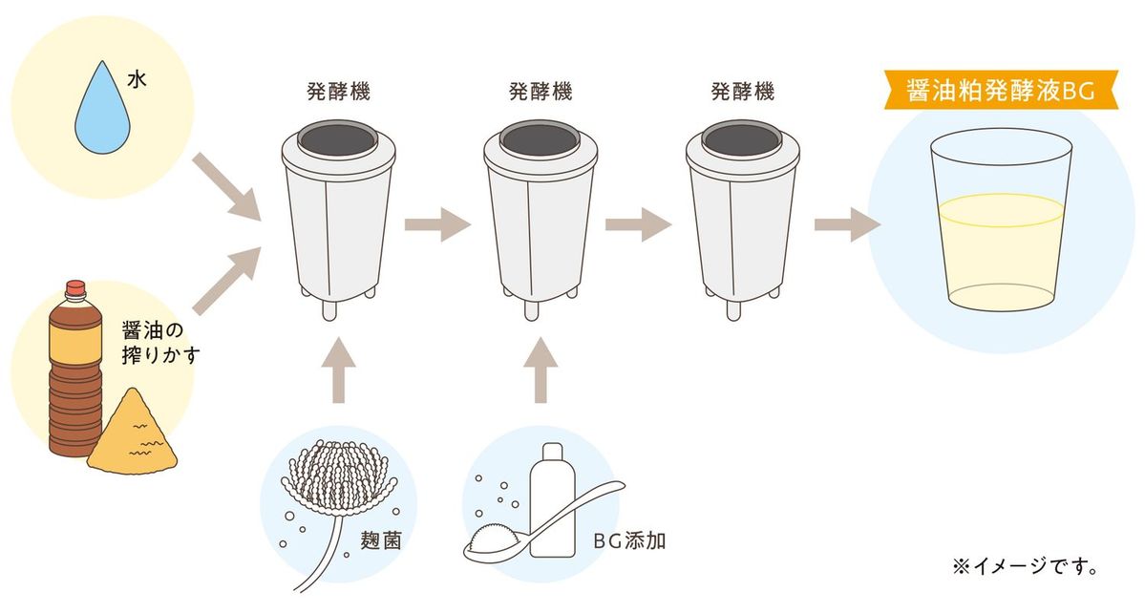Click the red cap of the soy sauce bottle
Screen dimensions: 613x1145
pos(75,285)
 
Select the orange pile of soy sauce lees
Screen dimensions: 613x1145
pos(133,433)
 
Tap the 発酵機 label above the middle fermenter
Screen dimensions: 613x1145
pos(541,93)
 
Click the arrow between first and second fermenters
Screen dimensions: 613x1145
pos(435,225)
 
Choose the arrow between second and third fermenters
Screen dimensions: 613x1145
pos(638,225)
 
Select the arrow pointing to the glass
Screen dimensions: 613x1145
pos(844,225)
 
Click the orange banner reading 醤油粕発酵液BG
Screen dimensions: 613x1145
pos(997,92)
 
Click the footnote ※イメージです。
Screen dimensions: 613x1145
pos(1025,566)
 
